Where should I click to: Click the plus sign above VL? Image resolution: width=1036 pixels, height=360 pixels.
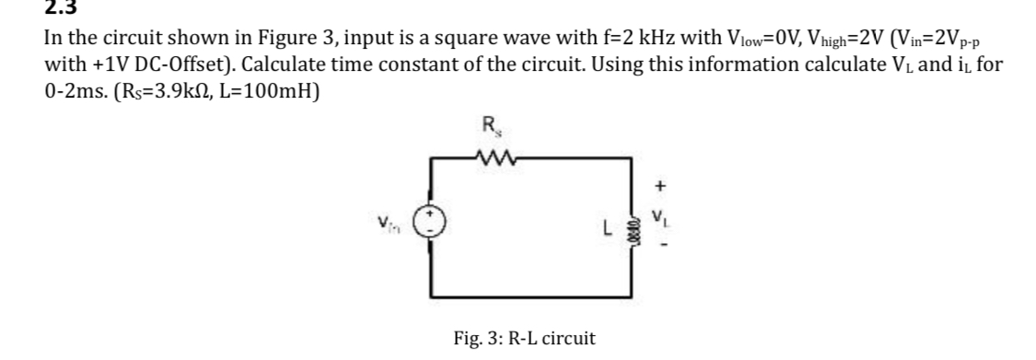[658, 186]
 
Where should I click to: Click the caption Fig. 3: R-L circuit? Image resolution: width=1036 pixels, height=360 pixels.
[524, 338]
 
